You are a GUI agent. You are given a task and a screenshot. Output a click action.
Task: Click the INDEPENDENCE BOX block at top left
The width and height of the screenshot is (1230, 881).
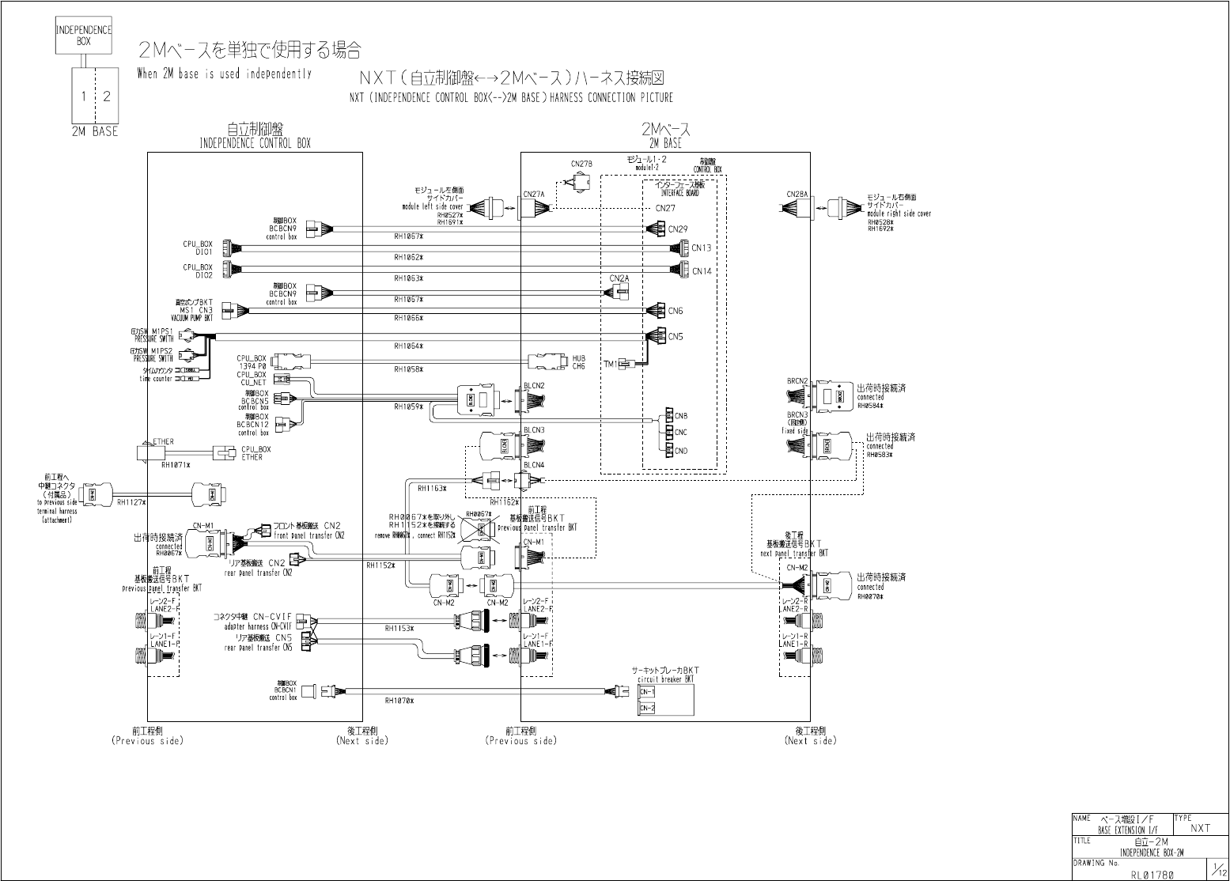(x=83, y=36)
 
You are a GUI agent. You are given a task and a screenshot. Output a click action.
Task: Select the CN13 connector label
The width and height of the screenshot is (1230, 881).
(x=702, y=248)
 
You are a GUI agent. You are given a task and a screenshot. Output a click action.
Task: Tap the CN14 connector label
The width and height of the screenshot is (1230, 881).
(x=702, y=271)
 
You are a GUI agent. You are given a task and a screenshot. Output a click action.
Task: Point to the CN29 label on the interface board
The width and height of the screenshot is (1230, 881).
(x=678, y=229)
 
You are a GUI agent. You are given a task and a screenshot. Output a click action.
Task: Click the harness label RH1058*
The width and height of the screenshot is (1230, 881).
(x=409, y=369)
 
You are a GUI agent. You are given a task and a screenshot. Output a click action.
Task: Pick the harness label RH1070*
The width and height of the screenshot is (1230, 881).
(x=399, y=701)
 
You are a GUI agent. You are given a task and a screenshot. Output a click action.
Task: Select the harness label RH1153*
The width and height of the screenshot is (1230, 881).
(x=399, y=628)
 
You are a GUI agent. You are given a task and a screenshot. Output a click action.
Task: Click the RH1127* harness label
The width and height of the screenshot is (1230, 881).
(x=131, y=501)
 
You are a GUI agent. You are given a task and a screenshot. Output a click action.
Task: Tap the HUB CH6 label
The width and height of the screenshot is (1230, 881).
(x=579, y=362)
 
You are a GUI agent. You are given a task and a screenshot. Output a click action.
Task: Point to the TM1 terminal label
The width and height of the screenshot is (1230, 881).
(x=610, y=365)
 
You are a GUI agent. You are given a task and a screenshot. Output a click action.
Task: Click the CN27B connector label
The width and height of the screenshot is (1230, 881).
(x=581, y=164)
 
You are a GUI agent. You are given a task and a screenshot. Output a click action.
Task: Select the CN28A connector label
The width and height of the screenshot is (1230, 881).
(x=797, y=195)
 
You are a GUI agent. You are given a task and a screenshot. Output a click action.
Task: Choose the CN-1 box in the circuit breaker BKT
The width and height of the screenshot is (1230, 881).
(x=647, y=692)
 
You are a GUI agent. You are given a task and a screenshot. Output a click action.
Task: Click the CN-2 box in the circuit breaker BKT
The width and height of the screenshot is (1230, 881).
(x=647, y=708)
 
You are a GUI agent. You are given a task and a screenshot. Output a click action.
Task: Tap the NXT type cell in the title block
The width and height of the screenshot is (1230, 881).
(x=1200, y=828)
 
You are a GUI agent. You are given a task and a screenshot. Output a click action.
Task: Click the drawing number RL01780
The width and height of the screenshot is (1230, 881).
(x=1151, y=874)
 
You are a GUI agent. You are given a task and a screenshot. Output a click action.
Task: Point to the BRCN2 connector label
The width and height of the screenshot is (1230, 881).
(x=797, y=381)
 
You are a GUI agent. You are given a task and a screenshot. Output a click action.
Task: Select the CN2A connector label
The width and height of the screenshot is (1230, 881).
(x=619, y=278)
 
